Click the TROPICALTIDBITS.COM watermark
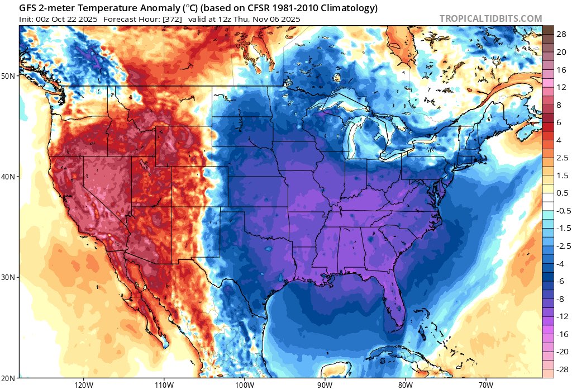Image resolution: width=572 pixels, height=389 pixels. [x=490, y=18]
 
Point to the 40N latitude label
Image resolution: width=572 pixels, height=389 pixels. [x=9, y=177]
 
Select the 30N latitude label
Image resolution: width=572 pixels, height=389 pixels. [x=9, y=277]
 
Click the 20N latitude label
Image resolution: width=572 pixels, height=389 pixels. [x=9, y=378]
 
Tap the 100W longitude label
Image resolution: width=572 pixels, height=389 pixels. [x=244, y=385]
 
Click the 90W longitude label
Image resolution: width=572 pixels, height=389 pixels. [x=325, y=385]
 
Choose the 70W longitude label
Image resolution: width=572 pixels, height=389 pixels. [x=485, y=385]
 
